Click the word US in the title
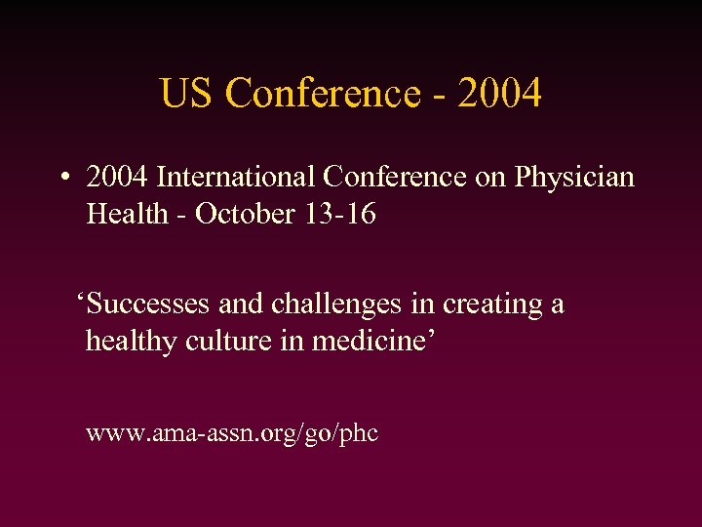(186, 94)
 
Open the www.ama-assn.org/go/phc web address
(231, 433)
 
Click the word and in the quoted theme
(241, 304)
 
